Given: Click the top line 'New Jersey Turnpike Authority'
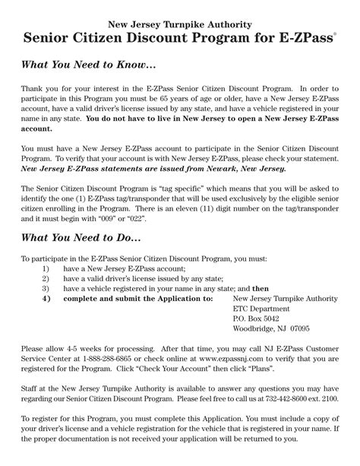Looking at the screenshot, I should [x=179, y=25].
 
